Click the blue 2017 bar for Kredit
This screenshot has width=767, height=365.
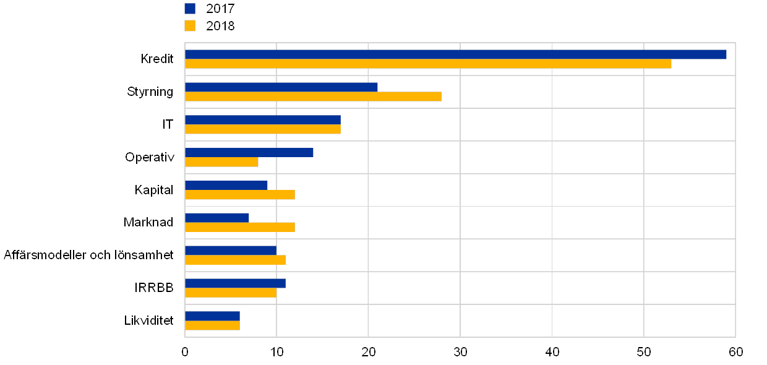(455, 54)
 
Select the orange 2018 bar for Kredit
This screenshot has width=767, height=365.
(428, 64)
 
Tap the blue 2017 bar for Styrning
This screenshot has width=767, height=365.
(281, 87)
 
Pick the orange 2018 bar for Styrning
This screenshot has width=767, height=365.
(313, 97)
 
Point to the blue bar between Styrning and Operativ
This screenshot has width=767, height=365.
(262, 119)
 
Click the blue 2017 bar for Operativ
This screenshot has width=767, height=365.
(249, 152)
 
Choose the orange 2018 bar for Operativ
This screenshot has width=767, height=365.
(221, 162)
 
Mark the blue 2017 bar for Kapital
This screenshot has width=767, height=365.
(226, 185)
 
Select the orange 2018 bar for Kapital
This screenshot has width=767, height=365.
(239, 195)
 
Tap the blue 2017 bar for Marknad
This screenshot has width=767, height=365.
(216, 218)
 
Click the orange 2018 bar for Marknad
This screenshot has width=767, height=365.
(239, 227)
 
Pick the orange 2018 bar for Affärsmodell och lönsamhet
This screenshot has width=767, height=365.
(235, 260)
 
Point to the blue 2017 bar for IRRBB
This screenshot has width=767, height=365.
(235, 283)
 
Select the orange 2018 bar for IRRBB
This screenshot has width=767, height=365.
(231, 293)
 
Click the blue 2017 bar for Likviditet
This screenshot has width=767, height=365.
(212, 316)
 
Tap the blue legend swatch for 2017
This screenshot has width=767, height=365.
(190, 9)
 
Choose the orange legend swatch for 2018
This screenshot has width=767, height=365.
(190, 26)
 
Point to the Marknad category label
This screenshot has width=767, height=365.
(148, 222)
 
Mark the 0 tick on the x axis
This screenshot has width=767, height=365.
(185, 352)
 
